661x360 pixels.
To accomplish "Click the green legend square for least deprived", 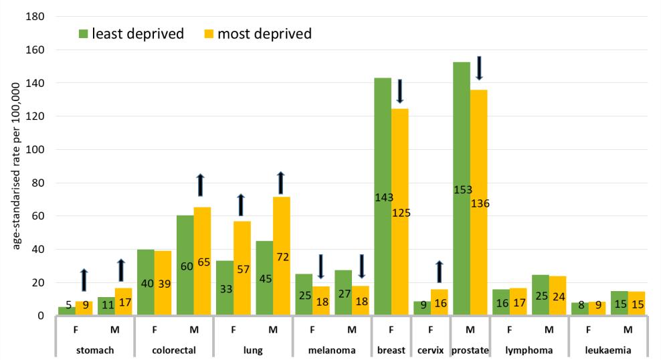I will [x=85, y=33].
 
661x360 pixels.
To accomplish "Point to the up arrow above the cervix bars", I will [x=440, y=272].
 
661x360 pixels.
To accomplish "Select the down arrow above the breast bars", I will [x=400, y=91].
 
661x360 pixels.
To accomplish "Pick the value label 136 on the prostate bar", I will [x=479, y=203].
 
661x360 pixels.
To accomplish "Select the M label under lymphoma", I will [x=549, y=330].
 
